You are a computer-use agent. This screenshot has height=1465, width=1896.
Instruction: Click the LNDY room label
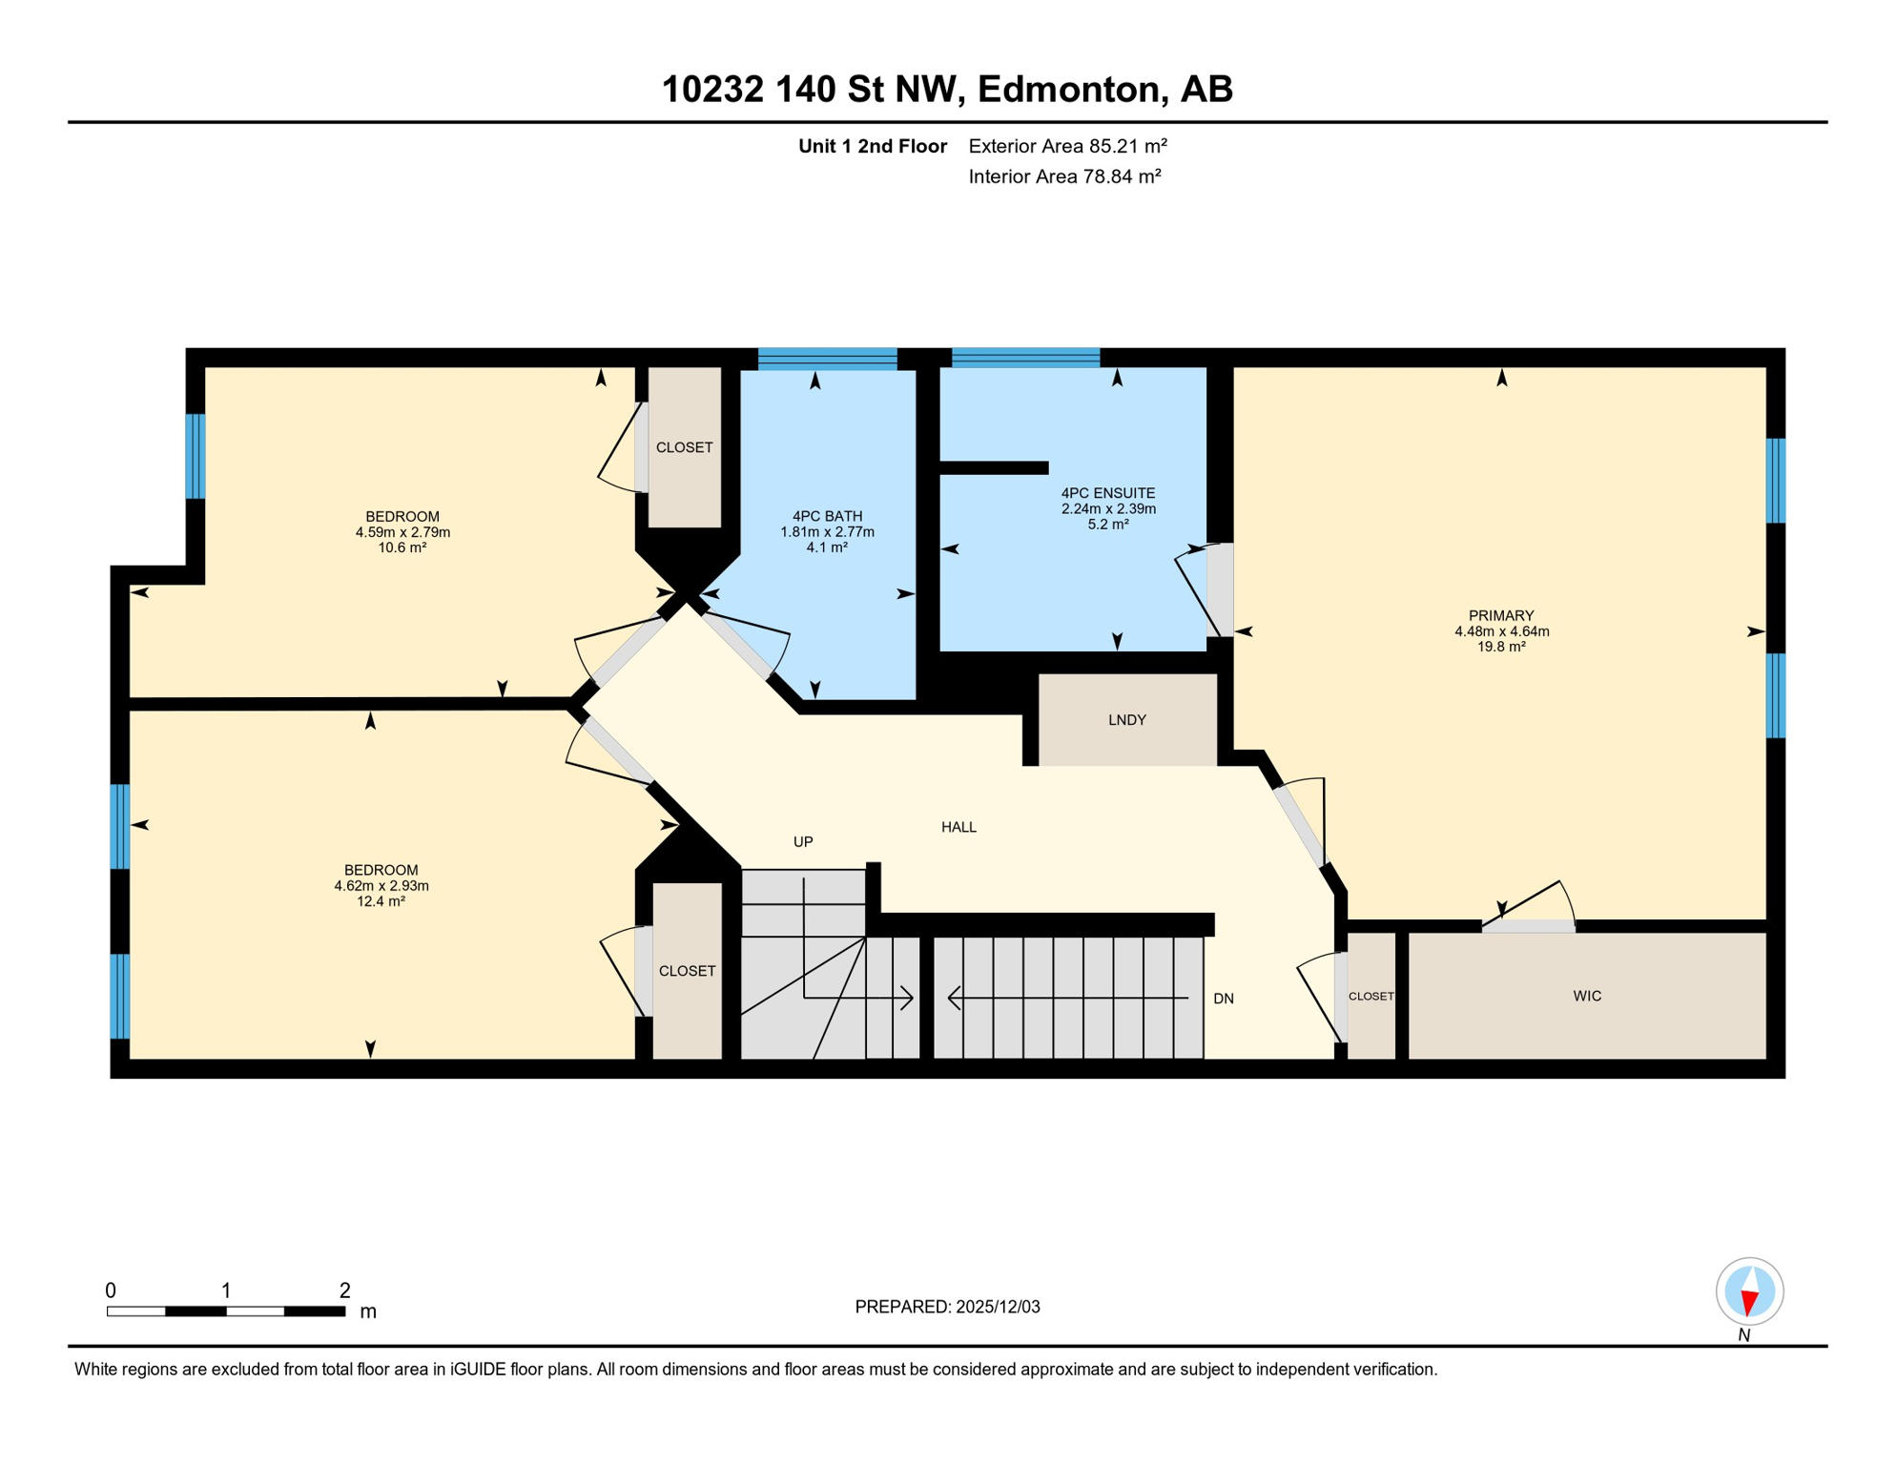pyautogui.click(x=1126, y=720)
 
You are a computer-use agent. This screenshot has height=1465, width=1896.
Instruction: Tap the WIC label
pyautogui.click(x=1587, y=996)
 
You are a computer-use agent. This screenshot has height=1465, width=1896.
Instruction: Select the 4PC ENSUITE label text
pyautogui.click(x=1107, y=493)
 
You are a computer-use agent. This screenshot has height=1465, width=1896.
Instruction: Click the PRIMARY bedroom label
pyautogui.click(x=1501, y=616)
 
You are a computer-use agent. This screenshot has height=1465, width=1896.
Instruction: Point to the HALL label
pyautogui.click(x=958, y=827)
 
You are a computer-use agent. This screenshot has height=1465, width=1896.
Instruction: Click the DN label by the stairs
pyautogui.click(x=1224, y=999)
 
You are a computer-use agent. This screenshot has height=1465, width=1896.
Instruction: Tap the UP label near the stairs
pyautogui.click(x=803, y=841)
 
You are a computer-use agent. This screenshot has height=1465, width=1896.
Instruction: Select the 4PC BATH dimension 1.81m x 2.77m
pyautogui.click(x=827, y=532)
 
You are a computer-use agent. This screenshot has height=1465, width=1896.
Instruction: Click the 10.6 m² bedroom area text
pyautogui.click(x=402, y=547)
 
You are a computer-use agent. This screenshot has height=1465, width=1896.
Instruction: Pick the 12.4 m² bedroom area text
pyautogui.click(x=381, y=901)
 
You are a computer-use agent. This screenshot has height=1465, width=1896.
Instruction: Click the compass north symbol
pyautogui.click(x=1749, y=1292)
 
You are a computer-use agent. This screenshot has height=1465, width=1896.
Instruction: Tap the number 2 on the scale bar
pyautogui.click(x=344, y=1290)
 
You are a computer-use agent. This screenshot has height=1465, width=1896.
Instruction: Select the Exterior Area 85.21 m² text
pyautogui.click(x=1067, y=146)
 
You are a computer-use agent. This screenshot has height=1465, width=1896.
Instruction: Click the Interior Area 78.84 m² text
pyautogui.click(x=1064, y=176)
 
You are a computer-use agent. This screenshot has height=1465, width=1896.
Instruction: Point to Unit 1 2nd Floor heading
pyautogui.click(x=872, y=146)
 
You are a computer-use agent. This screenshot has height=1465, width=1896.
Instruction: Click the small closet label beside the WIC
pyautogui.click(x=1370, y=996)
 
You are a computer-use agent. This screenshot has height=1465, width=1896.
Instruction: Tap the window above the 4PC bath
pyautogui.click(x=827, y=359)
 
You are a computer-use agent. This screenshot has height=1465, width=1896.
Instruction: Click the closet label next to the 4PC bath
pyautogui.click(x=684, y=447)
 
